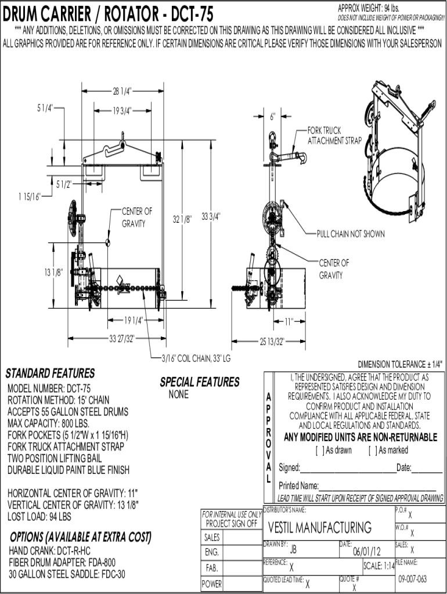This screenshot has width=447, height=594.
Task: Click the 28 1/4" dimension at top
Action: coord(122,90)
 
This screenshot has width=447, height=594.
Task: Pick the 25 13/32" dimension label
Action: coord(271,341)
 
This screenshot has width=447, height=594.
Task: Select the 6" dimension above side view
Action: coord(272,116)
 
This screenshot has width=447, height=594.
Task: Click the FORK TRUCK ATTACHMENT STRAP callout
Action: coord(334,136)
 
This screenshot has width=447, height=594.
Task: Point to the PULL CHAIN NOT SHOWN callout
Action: coord(350,234)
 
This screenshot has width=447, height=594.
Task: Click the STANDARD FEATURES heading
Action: coord(50,372)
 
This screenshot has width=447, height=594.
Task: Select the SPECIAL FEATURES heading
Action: coord(199,382)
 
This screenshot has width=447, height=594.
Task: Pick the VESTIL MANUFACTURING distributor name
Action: coord(320,527)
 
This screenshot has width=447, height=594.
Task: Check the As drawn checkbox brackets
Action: coord(319,451)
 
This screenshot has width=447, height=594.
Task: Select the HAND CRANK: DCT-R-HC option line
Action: coord(49,550)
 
